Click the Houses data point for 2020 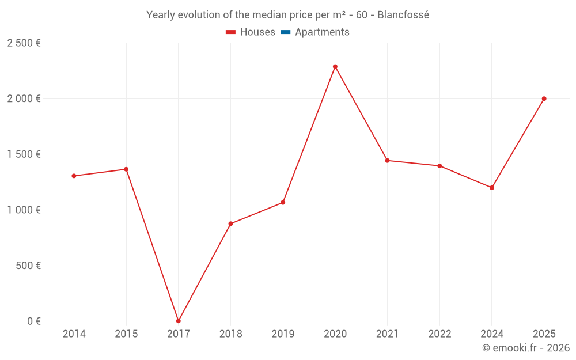[x=335, y=67]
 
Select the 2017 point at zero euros [x=179, y=321]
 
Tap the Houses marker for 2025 [x=544, y=98]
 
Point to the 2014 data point [x=74, y=176]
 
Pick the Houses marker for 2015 [x=126, y=169]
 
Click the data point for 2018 [x=230, y=223]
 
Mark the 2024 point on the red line [x=492, y=188]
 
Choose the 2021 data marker [x=387, y=161]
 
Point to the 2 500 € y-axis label [x=24, y=43]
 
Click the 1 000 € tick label [x=24, y=210]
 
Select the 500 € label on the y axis [x=28, y=266]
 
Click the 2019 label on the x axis [x=283, y=334]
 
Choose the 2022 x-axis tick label [x=439, y=334]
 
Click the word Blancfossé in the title [x=403, y=15]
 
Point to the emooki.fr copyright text [x=526, y=348]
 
